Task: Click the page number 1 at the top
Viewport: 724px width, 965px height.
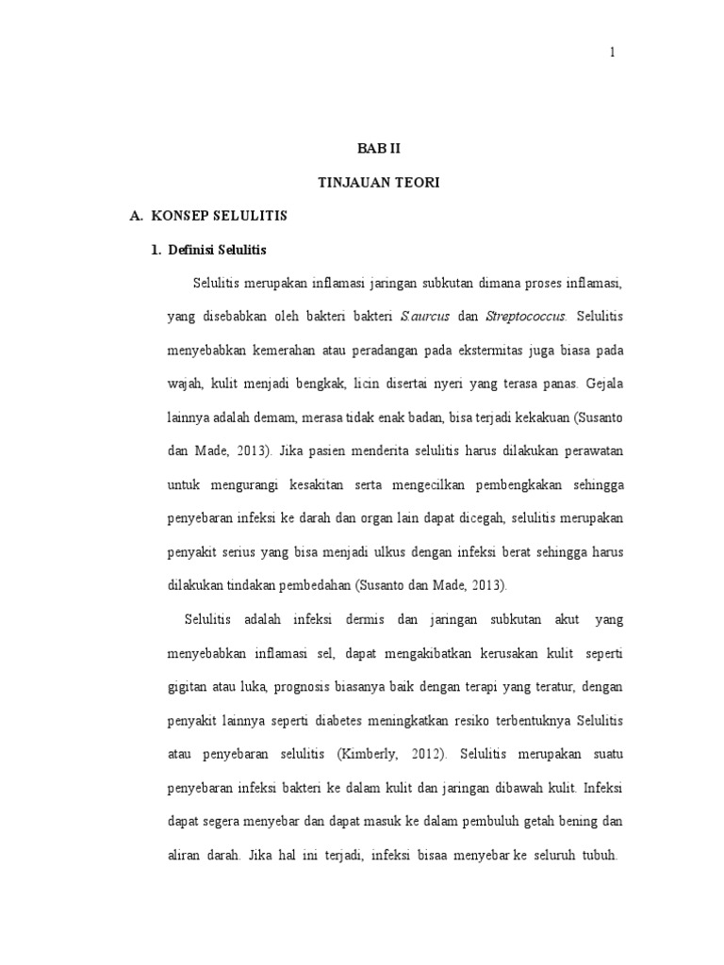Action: click(x=612, y=53)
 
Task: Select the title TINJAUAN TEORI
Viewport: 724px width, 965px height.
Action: click(x=377, y=182)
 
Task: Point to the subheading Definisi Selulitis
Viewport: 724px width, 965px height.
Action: click(x=218, y=250)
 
